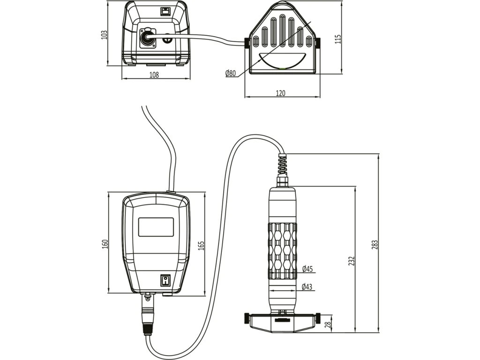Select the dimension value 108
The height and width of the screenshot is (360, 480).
[154, 75]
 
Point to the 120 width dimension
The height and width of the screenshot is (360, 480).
[280, 93]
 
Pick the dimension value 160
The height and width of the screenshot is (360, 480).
[105, 244]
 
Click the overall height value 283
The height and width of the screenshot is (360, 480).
[375, 244]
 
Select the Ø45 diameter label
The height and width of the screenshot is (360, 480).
[307, 269]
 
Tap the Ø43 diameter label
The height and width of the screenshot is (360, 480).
[307, 286]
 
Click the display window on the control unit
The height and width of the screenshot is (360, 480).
[156, 227]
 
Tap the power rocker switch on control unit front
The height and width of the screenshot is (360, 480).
[165, 280]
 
